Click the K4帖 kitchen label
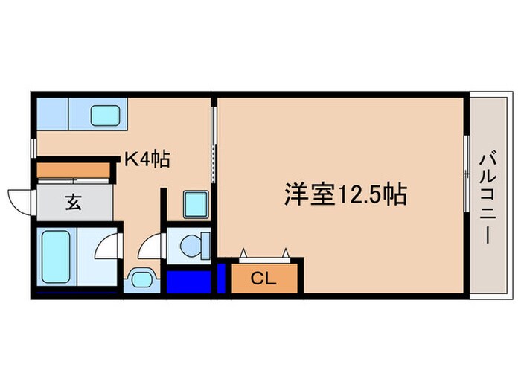coord(148,158)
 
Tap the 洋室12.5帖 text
coord(344,195)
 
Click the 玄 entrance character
coord(72,202)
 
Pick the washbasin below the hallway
coord(141,281)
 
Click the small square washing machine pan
coord(196,202)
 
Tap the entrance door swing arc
coord(18,200)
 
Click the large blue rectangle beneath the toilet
coord(189,281)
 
